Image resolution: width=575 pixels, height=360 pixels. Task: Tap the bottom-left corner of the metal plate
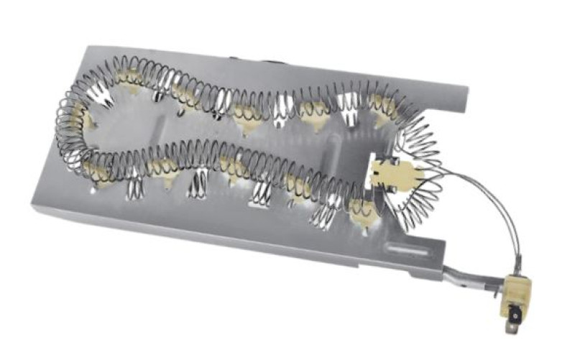pyautogui.click(x=33, y=208)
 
